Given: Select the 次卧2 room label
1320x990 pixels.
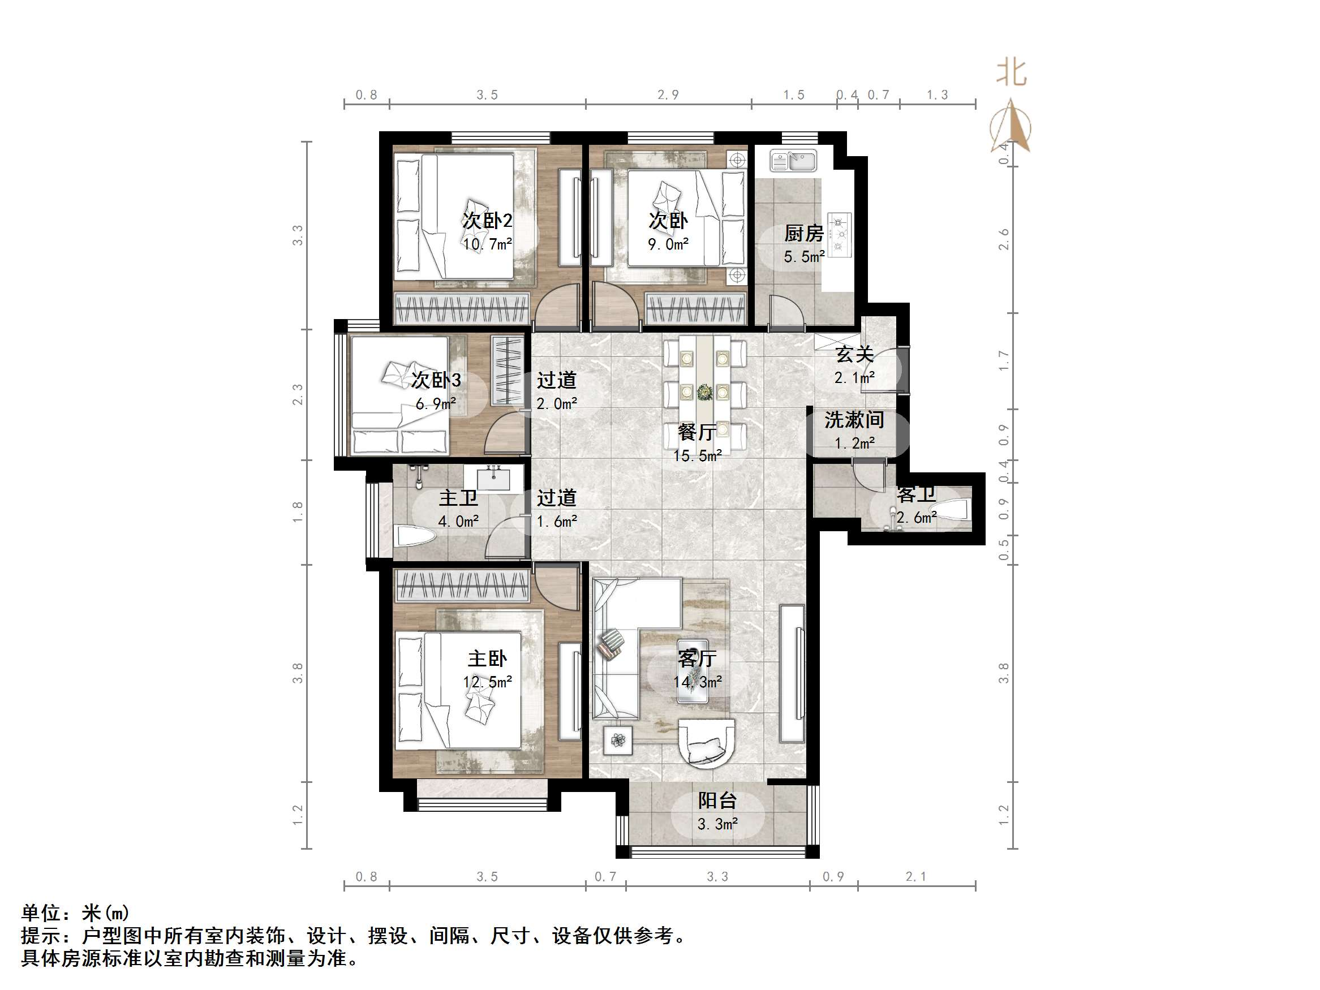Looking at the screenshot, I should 487,221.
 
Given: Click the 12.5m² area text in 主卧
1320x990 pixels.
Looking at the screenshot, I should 487,682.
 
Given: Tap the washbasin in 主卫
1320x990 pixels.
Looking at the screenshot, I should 493,479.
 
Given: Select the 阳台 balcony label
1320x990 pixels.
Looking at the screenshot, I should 717,800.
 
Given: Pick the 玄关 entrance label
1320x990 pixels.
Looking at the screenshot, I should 854,355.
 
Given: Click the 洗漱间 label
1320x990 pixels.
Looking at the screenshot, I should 854,420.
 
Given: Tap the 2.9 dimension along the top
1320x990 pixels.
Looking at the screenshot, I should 668,95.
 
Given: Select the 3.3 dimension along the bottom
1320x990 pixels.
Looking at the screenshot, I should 717,877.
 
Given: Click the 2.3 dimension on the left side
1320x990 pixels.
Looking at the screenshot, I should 298,394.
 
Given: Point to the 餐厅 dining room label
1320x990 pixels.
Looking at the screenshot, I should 697,432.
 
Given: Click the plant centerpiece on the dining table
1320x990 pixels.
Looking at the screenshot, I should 705,392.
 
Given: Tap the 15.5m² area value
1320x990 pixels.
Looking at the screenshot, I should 697,456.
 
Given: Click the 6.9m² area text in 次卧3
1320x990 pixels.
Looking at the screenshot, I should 436,404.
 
